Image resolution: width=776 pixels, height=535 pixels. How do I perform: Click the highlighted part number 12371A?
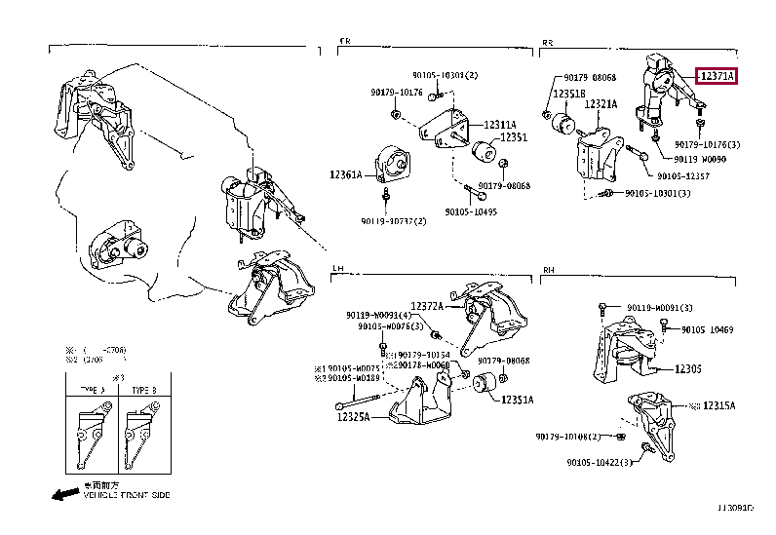coord(717,76)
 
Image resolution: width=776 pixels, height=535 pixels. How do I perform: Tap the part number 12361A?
coord(345,175)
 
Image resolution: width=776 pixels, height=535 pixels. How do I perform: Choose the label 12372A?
coord(426,306)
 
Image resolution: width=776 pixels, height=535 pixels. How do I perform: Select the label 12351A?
coord(517,400)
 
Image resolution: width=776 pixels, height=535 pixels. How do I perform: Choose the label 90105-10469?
coord(708,330)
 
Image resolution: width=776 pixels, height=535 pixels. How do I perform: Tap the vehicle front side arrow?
coord(65,493)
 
